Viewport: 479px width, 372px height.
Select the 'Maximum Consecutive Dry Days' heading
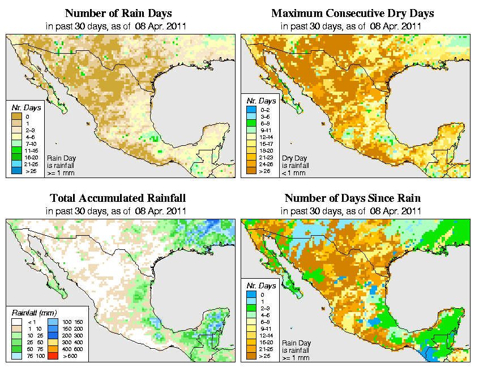(352, 13)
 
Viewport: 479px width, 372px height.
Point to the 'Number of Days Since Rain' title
(352, 198)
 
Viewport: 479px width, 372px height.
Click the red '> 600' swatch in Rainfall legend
(52, 357)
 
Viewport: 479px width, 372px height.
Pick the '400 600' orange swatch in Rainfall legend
(52, 350)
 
